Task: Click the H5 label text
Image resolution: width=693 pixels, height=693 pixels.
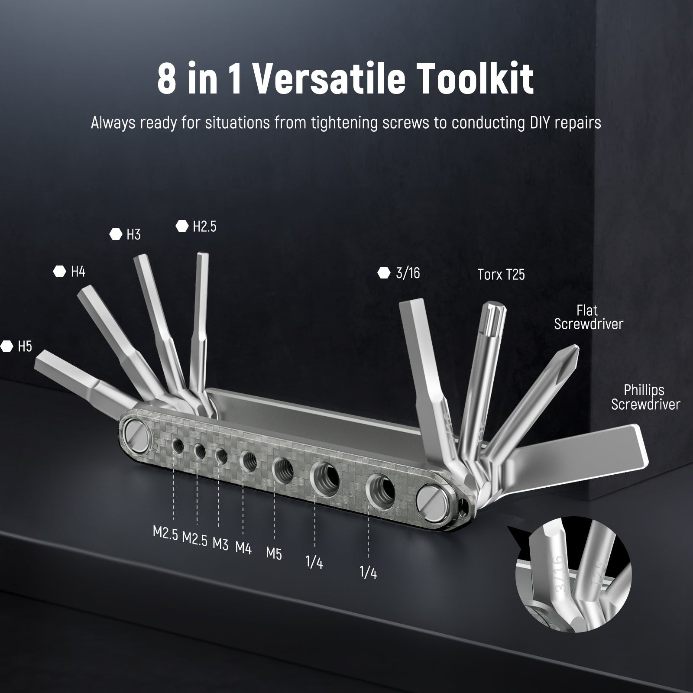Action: [x=25, y=346]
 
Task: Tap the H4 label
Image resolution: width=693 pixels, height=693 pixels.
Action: [x=78, y=272]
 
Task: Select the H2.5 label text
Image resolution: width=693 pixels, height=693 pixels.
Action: [x=204, y=226]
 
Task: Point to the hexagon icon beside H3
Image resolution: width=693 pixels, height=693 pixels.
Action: [x=116, y=234]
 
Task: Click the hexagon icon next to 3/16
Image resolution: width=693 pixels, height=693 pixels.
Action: [x=384, y=273]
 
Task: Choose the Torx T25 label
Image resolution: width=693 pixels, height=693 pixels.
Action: [x=501, y=275]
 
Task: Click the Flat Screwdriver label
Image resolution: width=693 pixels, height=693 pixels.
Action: [x=588, y=317]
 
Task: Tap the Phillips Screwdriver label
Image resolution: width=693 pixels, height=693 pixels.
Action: [x=645, y=397]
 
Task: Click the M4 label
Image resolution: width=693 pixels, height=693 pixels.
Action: [x=243, y=548]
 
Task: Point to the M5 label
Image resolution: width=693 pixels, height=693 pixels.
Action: [x=274, y=553]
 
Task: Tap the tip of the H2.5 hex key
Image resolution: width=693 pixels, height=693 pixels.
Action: [x=203, y=255]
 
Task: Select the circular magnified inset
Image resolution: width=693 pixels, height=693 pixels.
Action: [x=574, y=571]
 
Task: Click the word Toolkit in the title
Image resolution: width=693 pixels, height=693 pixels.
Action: [x=464, y=78]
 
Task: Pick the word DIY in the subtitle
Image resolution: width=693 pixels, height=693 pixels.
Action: [x=539, y=123]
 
